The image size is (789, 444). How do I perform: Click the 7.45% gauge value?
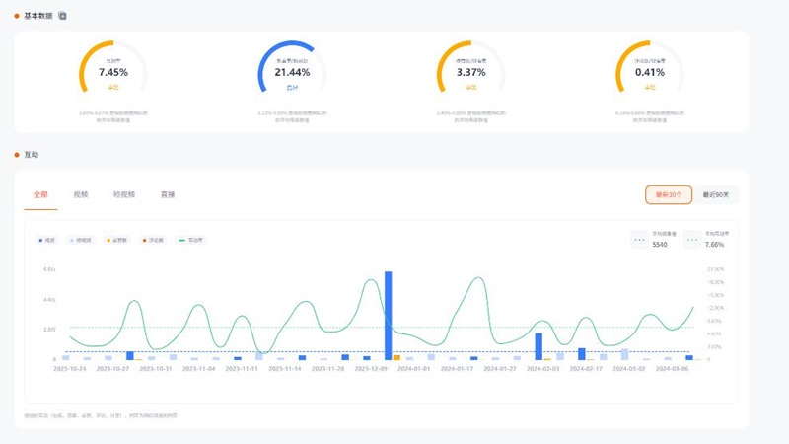tap(113, 73)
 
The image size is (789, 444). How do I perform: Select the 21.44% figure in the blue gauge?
tap(292, 73)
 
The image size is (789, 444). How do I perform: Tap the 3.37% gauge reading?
tap(471, 73)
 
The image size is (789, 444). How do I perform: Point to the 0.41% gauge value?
tap(650, 73)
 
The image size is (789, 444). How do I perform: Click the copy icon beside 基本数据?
tap(63, 16)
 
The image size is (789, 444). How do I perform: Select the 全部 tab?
tap(40, 195)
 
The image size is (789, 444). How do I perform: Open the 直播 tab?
tap(168, 195)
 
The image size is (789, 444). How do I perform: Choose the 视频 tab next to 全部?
tap(81, 195)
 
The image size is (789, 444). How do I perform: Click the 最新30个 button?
tap(669, 195)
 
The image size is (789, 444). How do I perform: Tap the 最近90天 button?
tap(716, 195)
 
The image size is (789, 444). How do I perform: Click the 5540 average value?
tap(660, 245)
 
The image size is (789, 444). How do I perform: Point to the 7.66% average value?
tap(714, 245)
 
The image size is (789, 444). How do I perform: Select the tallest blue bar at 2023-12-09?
tap(389, 314)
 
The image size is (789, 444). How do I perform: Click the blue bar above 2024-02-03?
tap(538, 346)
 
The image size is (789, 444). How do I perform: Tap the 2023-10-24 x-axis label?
tap(70, 369)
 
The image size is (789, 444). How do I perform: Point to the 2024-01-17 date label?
tap(457, 369)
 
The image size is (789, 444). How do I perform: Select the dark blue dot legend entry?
tap(47, 240)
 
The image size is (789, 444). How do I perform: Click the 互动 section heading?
tap(32, 155)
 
